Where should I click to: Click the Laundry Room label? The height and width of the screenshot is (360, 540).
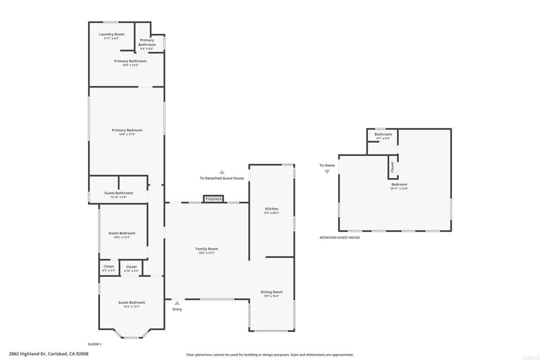[x=112, y=34]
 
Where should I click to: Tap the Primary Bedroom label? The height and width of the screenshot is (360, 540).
[x=127, y=130]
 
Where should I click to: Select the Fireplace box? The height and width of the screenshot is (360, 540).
[x=214, y=199]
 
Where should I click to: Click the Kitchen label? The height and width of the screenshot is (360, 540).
[x=271, y=209]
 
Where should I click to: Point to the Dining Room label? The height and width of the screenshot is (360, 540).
[x=272, y=292]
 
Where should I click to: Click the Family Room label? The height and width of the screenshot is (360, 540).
[x=206, y=249]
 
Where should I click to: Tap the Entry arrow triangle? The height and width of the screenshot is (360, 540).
[x=177, y=303]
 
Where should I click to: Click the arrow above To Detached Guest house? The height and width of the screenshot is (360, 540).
[x=222, y=172]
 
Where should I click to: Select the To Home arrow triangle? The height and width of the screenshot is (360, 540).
[x=327, y=172]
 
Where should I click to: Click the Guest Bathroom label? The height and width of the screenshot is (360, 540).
[x=119, y=193]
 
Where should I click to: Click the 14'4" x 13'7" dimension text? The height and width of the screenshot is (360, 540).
[x=131, y=307]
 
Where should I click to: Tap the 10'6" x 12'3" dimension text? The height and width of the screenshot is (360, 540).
[x=122, y=237]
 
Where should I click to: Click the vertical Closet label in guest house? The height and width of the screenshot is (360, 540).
[x=392, y=167]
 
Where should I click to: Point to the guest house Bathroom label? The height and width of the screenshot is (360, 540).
[x=383, y=134]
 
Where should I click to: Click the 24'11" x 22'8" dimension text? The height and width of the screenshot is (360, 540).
[x=399, y=188]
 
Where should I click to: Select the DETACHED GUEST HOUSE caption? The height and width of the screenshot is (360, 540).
[x=340, y=238]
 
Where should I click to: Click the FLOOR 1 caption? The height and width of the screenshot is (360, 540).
[x=94, y=344]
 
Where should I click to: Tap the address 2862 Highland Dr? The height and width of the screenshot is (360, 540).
[x=49, y=354]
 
